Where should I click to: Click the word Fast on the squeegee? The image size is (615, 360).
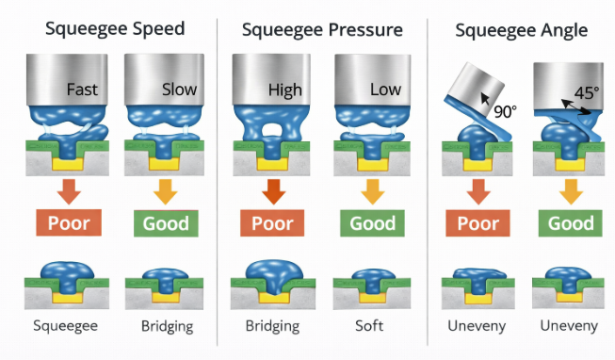click(83, 90)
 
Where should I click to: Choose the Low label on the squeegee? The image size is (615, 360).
click(385, 90)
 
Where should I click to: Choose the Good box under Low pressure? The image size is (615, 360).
click(372, 223)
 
